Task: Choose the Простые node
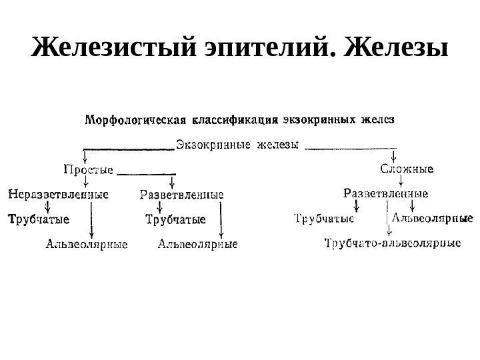click(x=88, y=169)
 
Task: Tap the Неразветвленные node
click(x=58, y=195)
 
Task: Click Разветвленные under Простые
click(x=182, y=195)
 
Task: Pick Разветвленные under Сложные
click(x=385, y=194)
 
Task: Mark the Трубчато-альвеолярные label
click(x=392, y=244)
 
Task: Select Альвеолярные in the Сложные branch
click(x=431, y=218)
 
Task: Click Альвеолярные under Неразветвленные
click(x=86, y=245)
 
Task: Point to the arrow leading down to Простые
click(x=85, y=155)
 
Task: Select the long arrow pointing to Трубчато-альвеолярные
click(x=387, y=219)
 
